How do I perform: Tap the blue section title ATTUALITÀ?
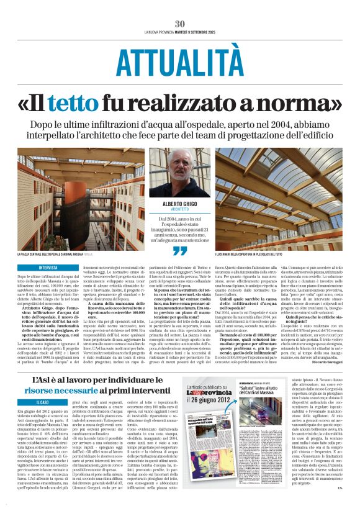[x=180, y=63]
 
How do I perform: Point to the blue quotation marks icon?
[x=180, y=251]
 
